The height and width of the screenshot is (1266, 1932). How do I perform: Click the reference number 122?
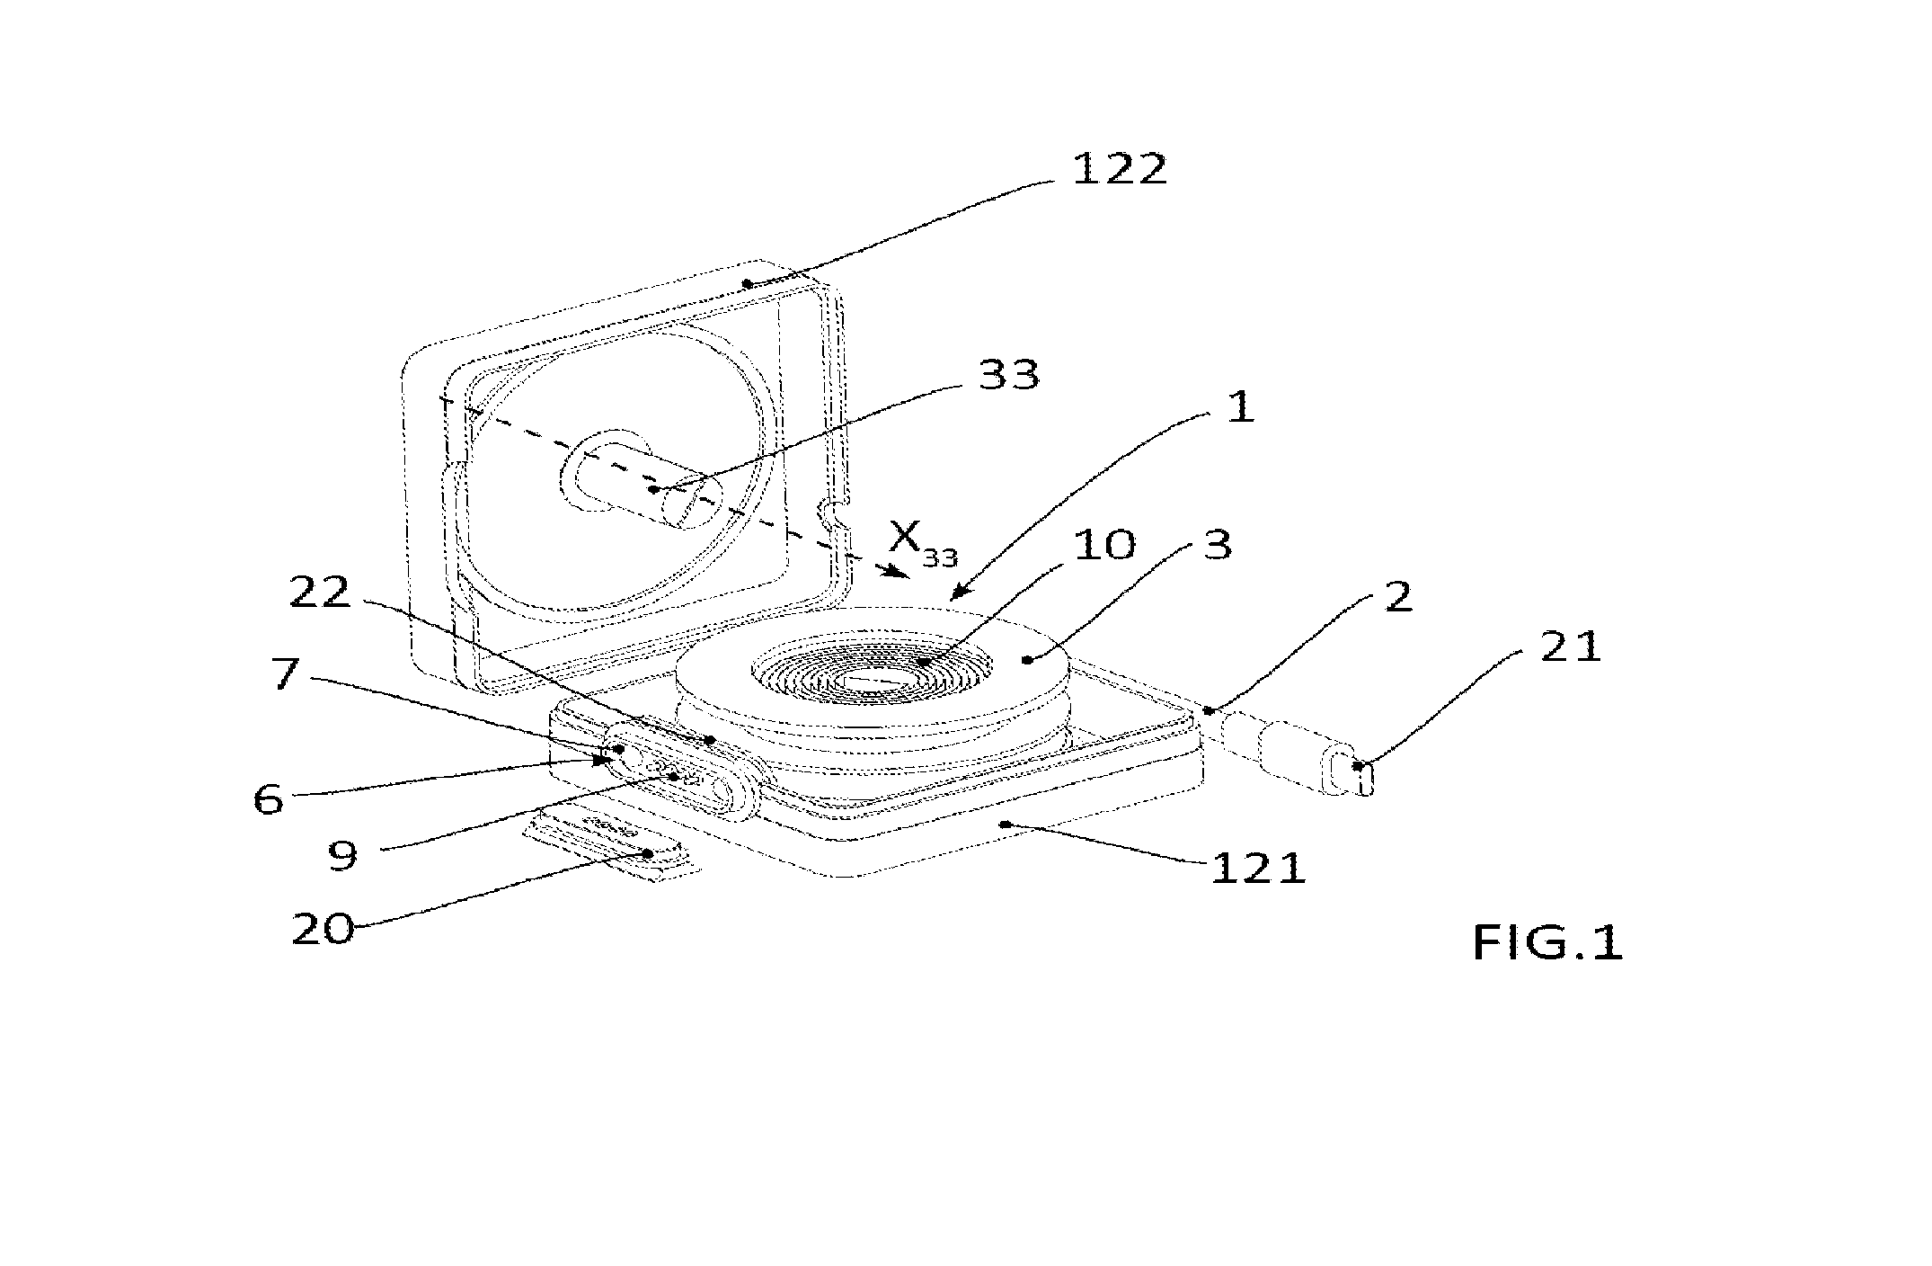click(x=1119, y=168)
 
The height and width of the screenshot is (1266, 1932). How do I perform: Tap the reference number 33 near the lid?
click(x=1008, y=373)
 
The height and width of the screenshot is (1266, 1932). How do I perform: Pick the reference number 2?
click(x=1397, y=596)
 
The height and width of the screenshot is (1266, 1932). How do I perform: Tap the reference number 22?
click(x=319, y=593)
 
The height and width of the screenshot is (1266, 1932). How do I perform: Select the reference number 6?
click(x=268, y=798)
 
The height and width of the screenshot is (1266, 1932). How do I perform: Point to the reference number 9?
click(x=341, y=855)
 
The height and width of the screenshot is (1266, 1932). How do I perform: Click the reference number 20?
click(x=323, y=928)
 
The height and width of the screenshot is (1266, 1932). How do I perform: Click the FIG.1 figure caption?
click(x=1547, y=943)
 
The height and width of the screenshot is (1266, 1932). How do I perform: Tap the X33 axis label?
click(x=923, y=542)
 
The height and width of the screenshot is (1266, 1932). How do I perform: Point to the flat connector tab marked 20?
click(x=611, y=842)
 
